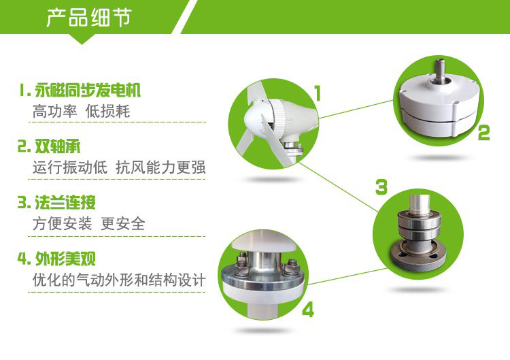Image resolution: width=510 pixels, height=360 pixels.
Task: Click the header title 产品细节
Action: pyautogui.click(x=89, y=17)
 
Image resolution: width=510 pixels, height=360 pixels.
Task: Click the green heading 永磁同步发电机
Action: pyautogui.click(x=88, y=90)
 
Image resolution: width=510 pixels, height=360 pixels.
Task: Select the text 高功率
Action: pyautogui.click(x=54, y=112)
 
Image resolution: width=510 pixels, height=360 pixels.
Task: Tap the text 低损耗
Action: pyautogui.click(x=107, y=112)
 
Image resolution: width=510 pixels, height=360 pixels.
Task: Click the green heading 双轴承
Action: pyautogui.click(x=57, y=146)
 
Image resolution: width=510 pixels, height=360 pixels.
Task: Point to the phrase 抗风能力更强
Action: pyautogui.click(x=160, y=167)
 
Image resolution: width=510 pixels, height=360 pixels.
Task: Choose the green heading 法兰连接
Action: pyautogui.click(x=65, y=203)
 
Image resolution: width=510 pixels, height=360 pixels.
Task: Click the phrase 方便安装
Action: pyautogui.click(x=62, y=224)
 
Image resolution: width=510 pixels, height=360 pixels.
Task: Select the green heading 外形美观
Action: pyautogui.click(x=65, y=259)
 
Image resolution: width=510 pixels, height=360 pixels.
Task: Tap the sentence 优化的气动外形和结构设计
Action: pyautogui.click(x=119, y=280)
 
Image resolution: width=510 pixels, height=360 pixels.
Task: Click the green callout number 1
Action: pyautogui.click(x=318, y=93)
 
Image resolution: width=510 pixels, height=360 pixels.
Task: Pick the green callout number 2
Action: pyautogui.click(x=483, y=133)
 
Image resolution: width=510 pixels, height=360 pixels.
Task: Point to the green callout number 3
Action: pyautogui.click(x=381, y=187)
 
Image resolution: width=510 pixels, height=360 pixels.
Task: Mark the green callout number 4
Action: pyautogui.click(x=307, y=310)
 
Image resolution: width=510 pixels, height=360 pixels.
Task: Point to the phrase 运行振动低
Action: pyautogui.click(x=70, y=167)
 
